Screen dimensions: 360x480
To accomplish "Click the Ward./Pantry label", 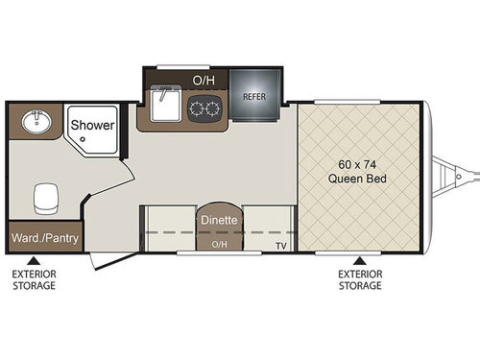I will (45, 236).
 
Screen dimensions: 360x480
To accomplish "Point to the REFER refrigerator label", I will (254, 96).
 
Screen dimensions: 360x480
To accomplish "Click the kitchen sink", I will (166, 106).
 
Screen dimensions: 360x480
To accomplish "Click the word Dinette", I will (220, 220).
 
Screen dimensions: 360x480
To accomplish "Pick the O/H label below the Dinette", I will (220, 245).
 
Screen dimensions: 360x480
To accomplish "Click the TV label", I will (281, 246).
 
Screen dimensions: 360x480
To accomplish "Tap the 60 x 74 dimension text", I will (357, 163).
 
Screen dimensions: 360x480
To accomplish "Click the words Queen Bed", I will (357, 179).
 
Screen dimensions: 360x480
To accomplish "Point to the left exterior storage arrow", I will (34, 259).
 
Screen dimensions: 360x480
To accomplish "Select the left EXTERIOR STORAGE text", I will (34, 279).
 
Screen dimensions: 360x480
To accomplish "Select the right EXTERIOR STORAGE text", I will (360, 279).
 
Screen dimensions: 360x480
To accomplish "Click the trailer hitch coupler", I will (460, 176).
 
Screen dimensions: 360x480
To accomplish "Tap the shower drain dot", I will (85, 141).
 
